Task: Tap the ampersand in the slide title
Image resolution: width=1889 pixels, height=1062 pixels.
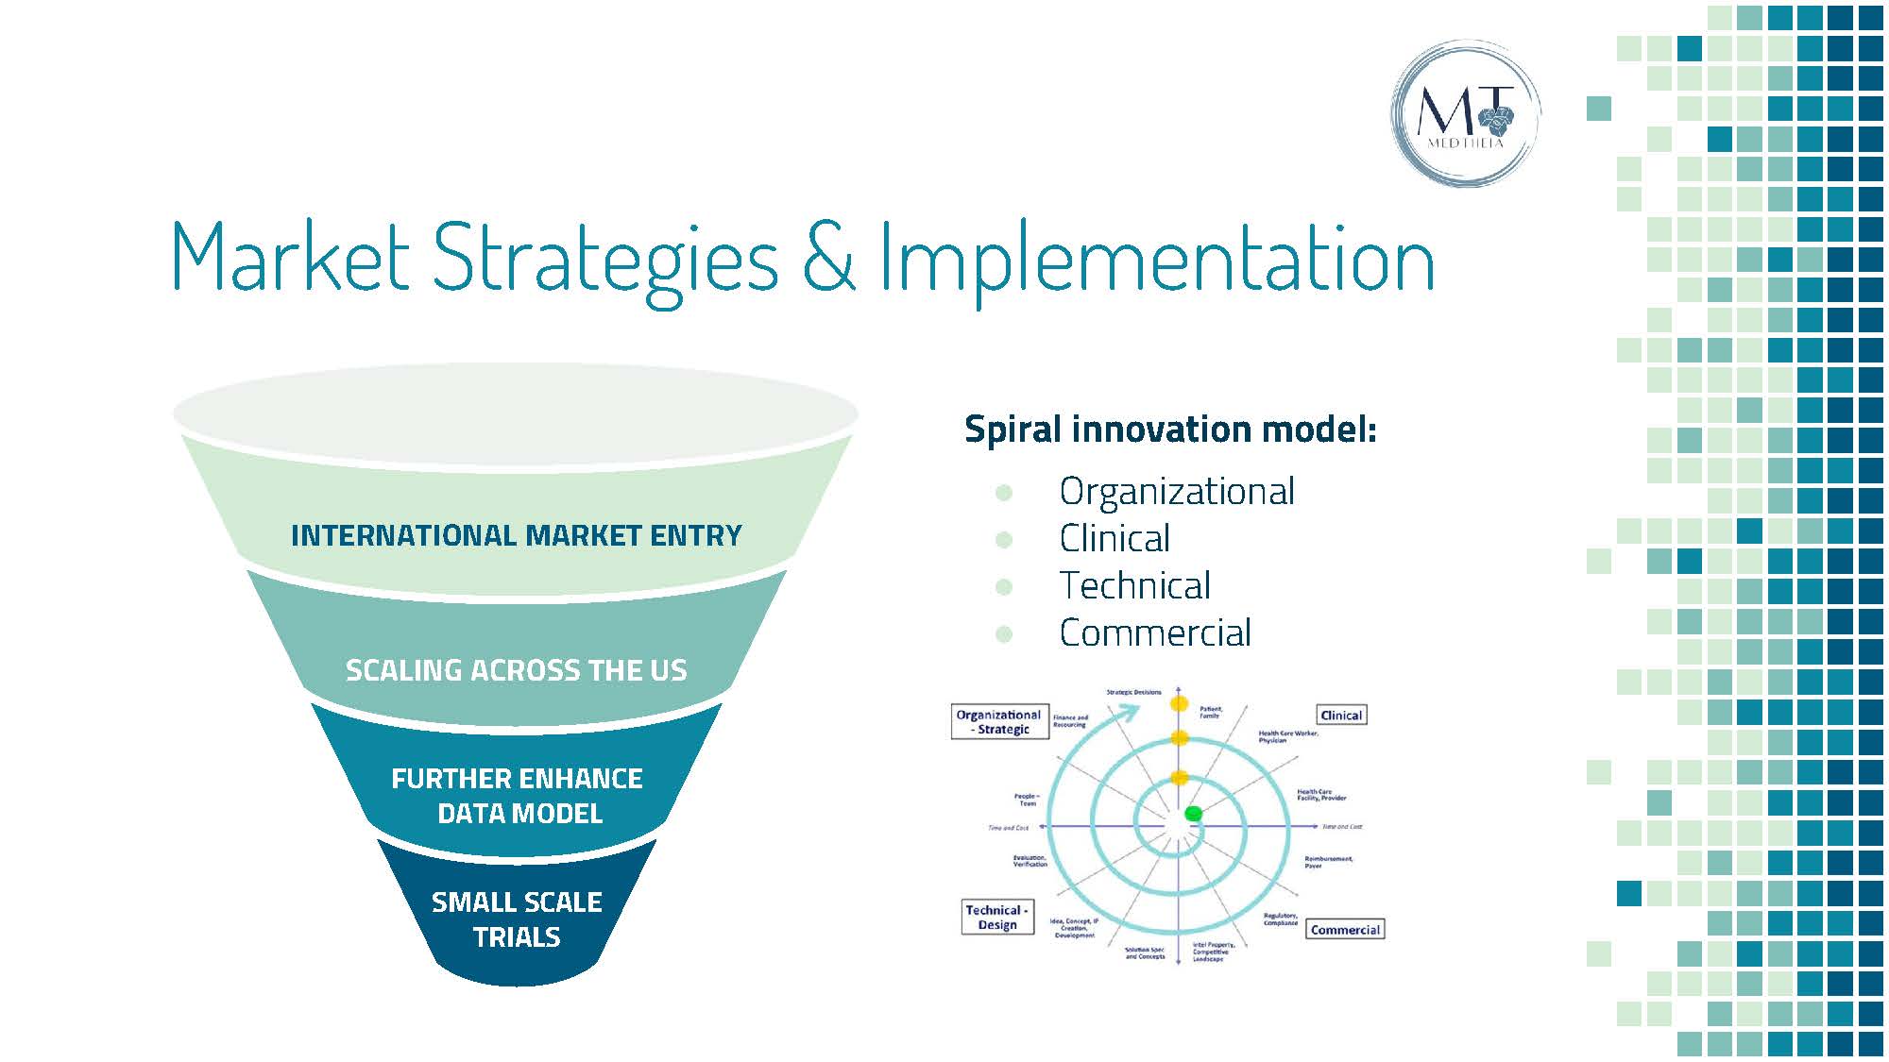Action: pos(828,256)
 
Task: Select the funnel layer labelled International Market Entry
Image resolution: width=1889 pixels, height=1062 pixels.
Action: pos(516,535)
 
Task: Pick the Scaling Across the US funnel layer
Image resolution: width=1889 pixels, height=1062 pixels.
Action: pos(516,669)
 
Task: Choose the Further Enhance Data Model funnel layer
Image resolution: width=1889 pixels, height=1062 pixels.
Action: pos(517,795)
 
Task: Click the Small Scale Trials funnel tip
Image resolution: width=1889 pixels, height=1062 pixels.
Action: pos(517,919)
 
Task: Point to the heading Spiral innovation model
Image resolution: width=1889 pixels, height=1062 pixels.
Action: pos(1170,430)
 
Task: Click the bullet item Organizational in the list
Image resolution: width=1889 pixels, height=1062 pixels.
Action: pos(1176,492)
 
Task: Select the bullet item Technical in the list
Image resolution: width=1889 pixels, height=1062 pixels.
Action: pos(1134,586)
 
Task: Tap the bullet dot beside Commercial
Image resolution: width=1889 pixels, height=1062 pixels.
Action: pos(1004,634)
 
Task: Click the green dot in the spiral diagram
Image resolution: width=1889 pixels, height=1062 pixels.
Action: pos(1193,813)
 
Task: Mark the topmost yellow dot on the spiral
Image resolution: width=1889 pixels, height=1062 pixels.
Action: pos(1179,703)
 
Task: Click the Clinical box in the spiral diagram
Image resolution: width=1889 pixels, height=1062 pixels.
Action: pos(1341,716)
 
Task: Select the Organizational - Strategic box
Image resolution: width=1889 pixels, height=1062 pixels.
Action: pos(998,722)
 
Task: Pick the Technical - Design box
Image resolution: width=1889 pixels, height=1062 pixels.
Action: pos(996,917)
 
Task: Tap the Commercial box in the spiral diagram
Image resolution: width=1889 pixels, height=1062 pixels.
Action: pos(1345,930)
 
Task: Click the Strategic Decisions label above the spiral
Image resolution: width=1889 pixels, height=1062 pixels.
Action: pos(1133,692)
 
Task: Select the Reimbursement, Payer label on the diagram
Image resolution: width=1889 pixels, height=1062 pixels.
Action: pos(1328,862)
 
